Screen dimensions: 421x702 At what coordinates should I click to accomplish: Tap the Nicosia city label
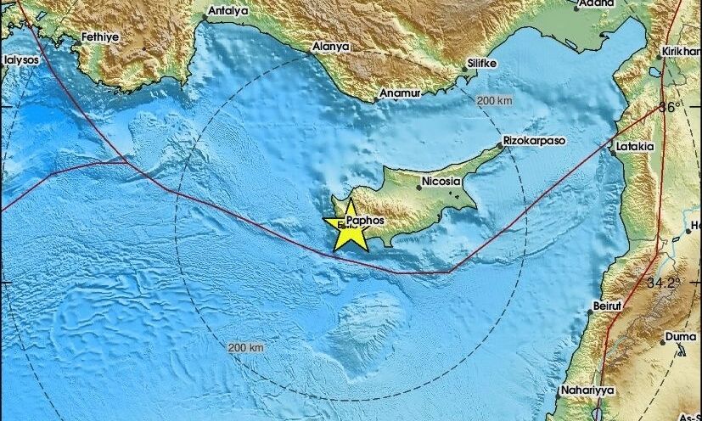click(440, 182)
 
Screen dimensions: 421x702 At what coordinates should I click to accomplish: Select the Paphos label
click(366, 219)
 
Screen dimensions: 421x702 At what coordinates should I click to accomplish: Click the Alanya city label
click(331, 48)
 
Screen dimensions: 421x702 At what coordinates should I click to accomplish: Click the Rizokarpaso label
click(535, 140)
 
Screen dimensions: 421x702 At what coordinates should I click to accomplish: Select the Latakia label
click(636, 146)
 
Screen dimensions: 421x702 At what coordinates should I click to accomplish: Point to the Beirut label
click(609, 305)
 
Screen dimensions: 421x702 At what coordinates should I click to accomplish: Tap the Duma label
click(681, 336)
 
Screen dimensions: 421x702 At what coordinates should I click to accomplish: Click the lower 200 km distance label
click(246, 348)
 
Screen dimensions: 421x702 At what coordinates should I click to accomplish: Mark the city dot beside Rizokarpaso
click(501, 146)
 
